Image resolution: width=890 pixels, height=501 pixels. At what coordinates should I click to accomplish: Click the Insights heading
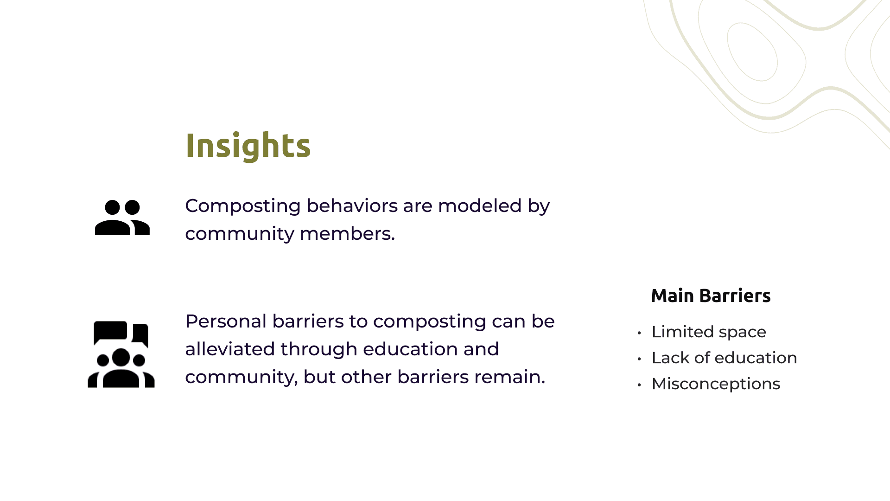click(248, 146)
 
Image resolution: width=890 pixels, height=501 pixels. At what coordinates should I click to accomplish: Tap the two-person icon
click(122, 217)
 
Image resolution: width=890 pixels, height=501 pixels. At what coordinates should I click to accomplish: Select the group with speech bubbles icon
click(121, 354)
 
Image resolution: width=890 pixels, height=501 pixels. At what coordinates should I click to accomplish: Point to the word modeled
click(480, 206)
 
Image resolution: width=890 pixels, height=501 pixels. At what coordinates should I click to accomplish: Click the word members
click(347, 233)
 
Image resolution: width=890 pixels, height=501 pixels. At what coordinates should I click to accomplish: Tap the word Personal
click(226, 321)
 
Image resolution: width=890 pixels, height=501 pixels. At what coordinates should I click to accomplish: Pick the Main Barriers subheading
click(711, 295)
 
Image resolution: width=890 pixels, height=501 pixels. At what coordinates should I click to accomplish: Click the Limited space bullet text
click(709, 332)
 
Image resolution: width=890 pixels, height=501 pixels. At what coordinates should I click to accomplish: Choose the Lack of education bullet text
click(724, 358)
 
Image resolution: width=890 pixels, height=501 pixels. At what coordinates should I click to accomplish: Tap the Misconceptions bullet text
click(716, 384)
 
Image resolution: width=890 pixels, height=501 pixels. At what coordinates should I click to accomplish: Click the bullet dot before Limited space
click(639, 333)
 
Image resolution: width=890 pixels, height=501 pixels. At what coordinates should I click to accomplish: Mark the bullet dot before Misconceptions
click(639, 385)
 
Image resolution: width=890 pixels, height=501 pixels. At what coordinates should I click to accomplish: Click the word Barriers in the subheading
click(735, 295)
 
